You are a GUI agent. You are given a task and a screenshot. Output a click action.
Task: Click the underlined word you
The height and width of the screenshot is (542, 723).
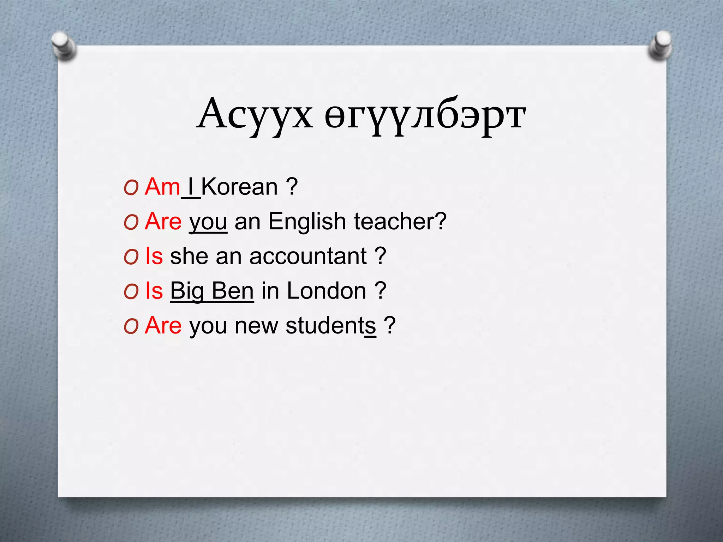[x=208, y=222]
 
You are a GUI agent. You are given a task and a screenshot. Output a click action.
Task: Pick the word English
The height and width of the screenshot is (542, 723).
[x=307, y=221]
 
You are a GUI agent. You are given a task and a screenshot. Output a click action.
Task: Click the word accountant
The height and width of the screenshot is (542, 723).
[x=308, y=256]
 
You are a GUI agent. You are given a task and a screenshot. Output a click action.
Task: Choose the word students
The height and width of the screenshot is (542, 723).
[x=331, y=325]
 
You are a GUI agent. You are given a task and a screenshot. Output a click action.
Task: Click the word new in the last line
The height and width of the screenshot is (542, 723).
[x=256, y=325]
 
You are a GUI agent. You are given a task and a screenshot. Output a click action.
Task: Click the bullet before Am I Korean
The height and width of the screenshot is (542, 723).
[x=131, y=188]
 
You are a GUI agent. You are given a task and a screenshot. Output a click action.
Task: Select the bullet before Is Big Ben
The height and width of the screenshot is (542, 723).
[x=131, y=293]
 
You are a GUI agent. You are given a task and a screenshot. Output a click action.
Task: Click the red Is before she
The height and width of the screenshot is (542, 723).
[x=154, y=256]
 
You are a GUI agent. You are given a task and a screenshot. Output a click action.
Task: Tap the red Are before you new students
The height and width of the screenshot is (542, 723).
[x=163, y=325]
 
